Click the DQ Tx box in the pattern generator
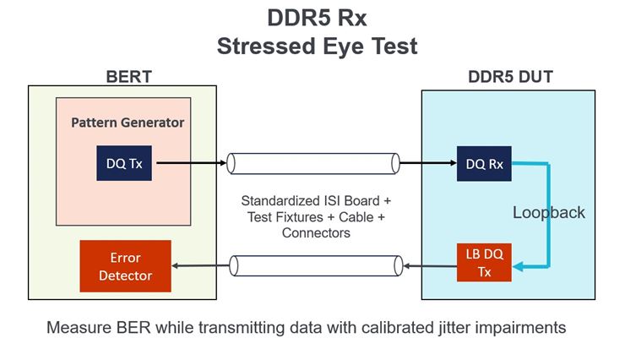click(x=125, y=164)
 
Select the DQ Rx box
click(x=485, y=164)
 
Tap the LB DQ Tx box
click(x=484, y=262)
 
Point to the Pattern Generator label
click(x=128, y=123)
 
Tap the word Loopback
click(x=549, y=213)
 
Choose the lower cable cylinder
click(x=312, y=267)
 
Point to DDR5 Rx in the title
click(x=318, y=17)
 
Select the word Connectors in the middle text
click(x=317, y=232)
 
